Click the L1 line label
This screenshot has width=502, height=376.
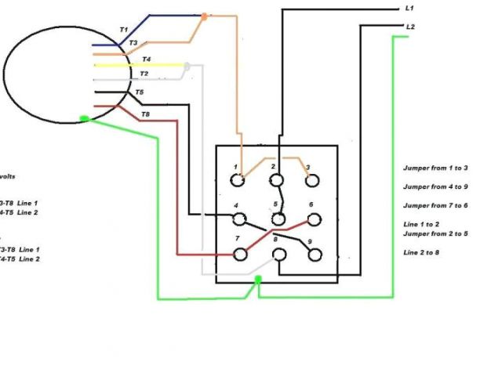(409, 8)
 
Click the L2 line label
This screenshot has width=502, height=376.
(410, 27)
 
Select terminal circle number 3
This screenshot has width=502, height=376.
(312, 181)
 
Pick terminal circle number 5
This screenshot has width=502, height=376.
(276, 218)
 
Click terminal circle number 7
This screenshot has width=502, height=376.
(241, 254)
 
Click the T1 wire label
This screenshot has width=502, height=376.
(123, 29)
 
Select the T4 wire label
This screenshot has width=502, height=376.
(146, 60)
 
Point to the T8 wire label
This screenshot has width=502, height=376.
(145, 115)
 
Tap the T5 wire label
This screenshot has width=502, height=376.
(139, 92)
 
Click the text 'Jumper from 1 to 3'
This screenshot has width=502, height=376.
(435, 168)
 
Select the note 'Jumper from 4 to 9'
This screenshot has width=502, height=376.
(435, 186)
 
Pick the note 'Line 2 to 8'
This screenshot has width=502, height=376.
(422, 252)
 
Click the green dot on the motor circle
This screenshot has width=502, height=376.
(83, 119)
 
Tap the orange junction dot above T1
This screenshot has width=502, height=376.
(204, 15)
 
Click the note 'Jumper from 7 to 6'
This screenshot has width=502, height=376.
(435, 205)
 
